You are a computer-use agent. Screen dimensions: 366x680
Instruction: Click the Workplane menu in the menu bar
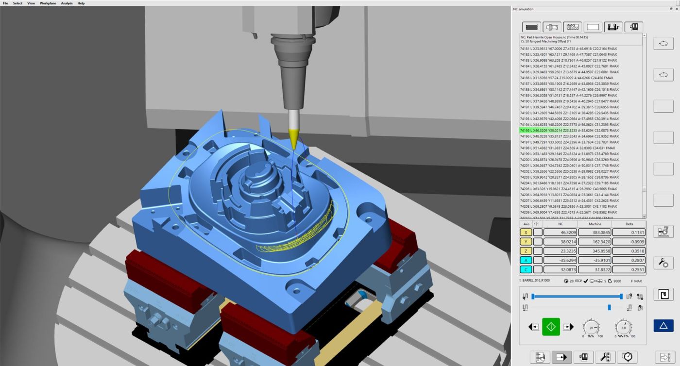pyautogui.click(x=48, y=3)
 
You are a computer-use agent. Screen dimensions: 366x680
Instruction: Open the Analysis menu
pyautogui.click(x=67, y=3)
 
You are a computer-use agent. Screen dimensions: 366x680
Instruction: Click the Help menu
pyautogui.click(x=81, y=3)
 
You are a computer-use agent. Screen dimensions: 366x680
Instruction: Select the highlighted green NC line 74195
pyautogui.click(x=569, y=131)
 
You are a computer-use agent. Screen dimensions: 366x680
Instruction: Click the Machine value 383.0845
pyautogui.click(x=595, y=233)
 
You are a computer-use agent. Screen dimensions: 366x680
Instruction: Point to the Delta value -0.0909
pyautogui.click(x=629, y=242)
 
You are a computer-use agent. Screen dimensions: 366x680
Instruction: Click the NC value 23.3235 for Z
pyautogui.click(x=560, y=251)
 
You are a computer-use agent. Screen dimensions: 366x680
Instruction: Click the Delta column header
pyautogui.click(x=629, y=224)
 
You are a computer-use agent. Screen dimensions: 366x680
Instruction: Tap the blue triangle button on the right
pyautogui.click(x=663, y=325)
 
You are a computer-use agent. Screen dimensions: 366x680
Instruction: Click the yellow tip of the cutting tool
pyautogui.click(x=293, y=139)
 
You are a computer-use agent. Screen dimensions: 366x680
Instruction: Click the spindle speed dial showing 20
pyautogui.click(x=591, y=327)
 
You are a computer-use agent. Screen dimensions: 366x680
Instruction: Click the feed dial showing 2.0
pyautogui.click(x=624, y=327)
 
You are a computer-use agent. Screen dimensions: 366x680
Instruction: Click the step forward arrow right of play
pyautogui.click(x=568, y=327)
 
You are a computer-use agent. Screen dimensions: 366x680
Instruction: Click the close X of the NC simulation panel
pyautogui.click(x=677, y=9)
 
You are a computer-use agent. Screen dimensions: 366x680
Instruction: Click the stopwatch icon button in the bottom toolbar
pyautogui.click(x=628, y=357)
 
